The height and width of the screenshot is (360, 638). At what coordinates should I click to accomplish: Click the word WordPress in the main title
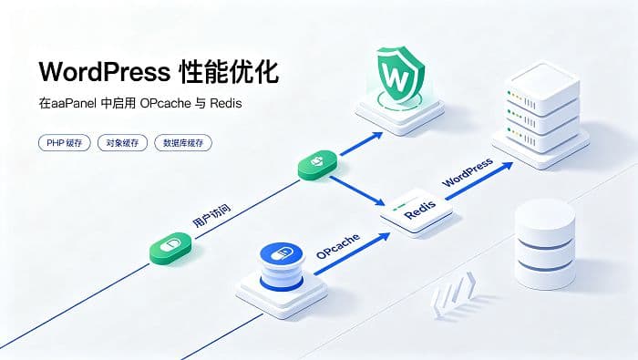coord(105,72)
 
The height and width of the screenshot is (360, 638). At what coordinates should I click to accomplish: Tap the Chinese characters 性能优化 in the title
coord(229,72)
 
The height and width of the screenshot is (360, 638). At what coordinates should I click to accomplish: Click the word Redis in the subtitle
coord(226,103)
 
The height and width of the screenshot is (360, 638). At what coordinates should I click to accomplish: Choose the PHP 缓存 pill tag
coord(65,143)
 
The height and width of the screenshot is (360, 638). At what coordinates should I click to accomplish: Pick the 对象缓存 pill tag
coord(122,143)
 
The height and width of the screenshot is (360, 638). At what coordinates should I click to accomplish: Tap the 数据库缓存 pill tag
coord(183,143)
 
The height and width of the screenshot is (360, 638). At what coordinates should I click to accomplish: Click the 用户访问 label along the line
coord(211,216)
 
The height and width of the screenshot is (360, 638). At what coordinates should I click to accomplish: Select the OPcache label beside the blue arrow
coord(338,246)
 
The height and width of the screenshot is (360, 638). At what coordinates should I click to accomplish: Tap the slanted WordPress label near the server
coord(467,172)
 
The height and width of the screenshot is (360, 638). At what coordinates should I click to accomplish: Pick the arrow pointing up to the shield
coord(361,144)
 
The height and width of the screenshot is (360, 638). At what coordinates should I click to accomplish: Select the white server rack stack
coord(540,115)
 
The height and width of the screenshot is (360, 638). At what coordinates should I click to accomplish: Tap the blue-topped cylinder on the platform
coord(282,267)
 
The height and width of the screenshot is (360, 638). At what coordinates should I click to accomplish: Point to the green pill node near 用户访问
coord(170,247)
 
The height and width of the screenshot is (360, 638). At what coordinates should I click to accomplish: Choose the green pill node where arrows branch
coord(318,165)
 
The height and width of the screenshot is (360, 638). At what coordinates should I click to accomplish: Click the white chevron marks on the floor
coord(454,293)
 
